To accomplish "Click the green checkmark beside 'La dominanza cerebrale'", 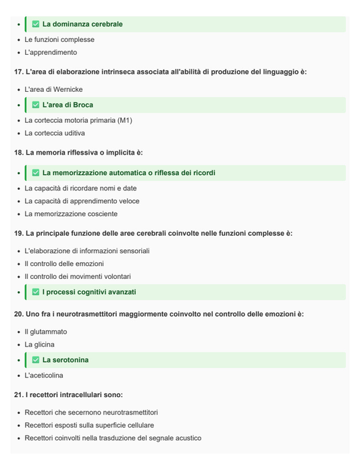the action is (x=36, y=24).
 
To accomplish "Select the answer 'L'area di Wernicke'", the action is (x=53, y=89).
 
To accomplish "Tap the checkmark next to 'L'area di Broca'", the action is (x=36, y=105).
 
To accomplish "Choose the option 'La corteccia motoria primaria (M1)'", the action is (x=78, y=120).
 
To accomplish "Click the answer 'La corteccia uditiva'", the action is (x=55, y=133).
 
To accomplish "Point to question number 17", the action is (x=18, y=72).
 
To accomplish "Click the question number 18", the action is (x=18, y=153).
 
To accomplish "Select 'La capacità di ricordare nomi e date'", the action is (x=80, y=188).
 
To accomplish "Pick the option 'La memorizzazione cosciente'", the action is (x=71, y=214).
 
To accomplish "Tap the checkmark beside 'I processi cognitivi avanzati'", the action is (x=36, y=292).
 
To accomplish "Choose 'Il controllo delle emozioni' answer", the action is (x=64, y=263).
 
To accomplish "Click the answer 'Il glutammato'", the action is (x=46, y=332).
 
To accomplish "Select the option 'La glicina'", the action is (x=40, y=344).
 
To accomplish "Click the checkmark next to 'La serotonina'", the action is (x=36, y=360).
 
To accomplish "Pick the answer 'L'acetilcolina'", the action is (x=45, y=375).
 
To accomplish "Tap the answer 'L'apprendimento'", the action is (x=51, y=52).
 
